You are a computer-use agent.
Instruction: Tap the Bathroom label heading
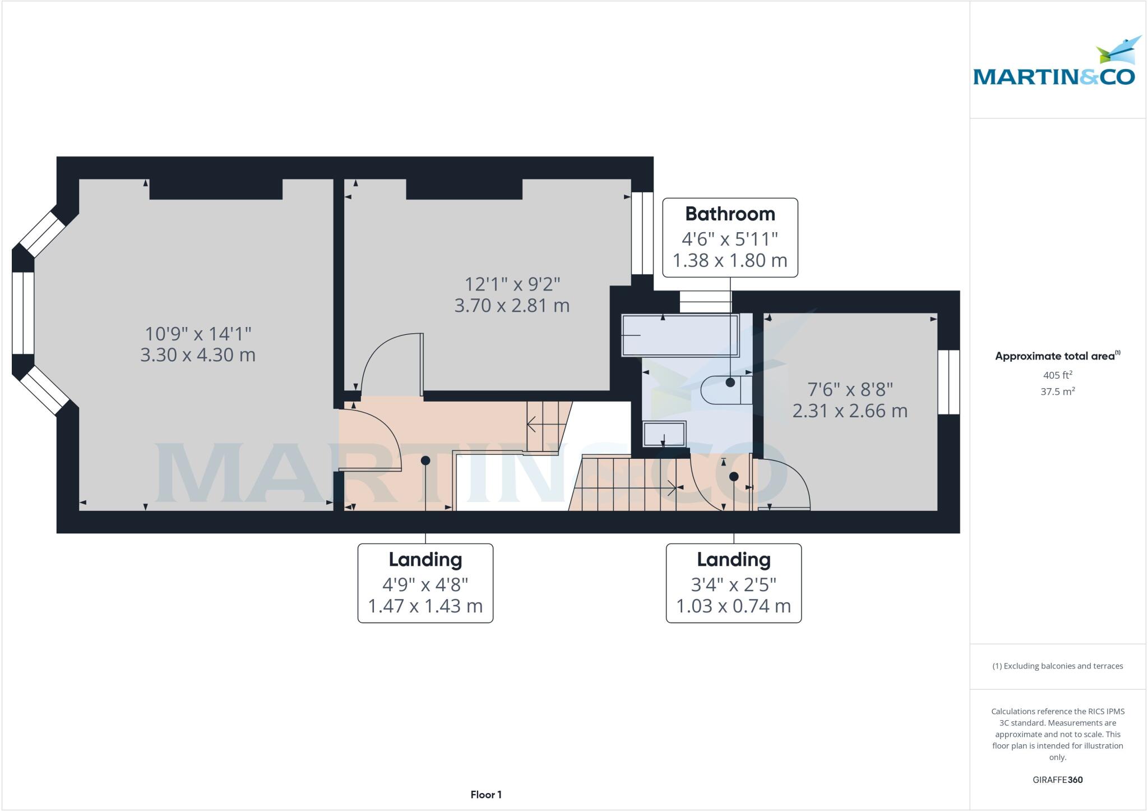730,214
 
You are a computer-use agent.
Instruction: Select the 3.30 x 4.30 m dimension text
198,355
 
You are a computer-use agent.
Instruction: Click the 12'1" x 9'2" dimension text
512,284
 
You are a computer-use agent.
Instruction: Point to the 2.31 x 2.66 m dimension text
850,411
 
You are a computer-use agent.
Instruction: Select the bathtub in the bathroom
679,335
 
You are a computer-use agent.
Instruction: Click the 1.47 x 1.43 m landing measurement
425,606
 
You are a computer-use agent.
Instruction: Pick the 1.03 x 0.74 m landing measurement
733,606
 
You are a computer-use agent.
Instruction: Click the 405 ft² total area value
1057,375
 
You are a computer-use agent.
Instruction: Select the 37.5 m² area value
1057,391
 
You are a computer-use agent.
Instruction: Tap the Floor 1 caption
486,795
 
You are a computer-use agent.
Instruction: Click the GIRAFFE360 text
1057,780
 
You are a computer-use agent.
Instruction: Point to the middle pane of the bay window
23,313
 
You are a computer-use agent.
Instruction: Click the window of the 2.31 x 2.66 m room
949,382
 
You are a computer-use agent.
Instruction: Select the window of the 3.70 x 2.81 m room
642,233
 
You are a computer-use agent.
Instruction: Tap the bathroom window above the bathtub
706,302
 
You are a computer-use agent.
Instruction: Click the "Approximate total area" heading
1057,356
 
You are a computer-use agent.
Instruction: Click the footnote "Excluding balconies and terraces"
1057,666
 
